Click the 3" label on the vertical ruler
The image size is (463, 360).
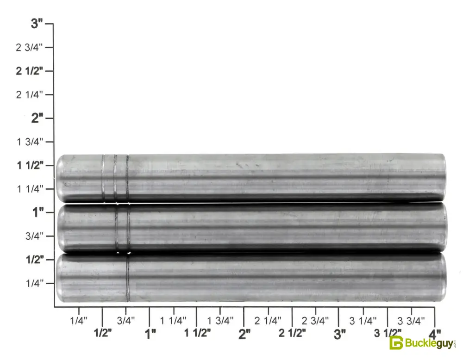pos(37,24)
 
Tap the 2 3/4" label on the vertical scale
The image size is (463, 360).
pos(29,47)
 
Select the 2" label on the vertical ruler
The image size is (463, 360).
pos(37,118)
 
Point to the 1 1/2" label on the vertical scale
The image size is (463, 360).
pos(30,165)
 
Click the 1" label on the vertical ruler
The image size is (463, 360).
pos(38,212)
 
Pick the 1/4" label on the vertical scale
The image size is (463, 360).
pos(35,283)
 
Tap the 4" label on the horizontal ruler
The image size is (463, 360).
pos(434,335)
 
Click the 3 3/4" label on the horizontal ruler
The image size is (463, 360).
pos(411,321)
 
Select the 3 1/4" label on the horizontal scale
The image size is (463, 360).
pos(363,321)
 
